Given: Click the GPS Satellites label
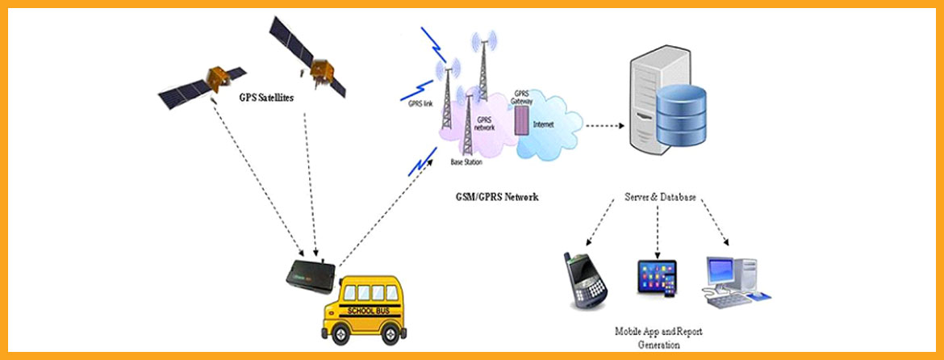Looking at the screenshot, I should click(266, 97).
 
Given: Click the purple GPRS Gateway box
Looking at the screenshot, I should click(521, 119).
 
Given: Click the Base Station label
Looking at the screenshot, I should click(467, 163).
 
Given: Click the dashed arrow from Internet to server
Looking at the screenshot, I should click(607, 125).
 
